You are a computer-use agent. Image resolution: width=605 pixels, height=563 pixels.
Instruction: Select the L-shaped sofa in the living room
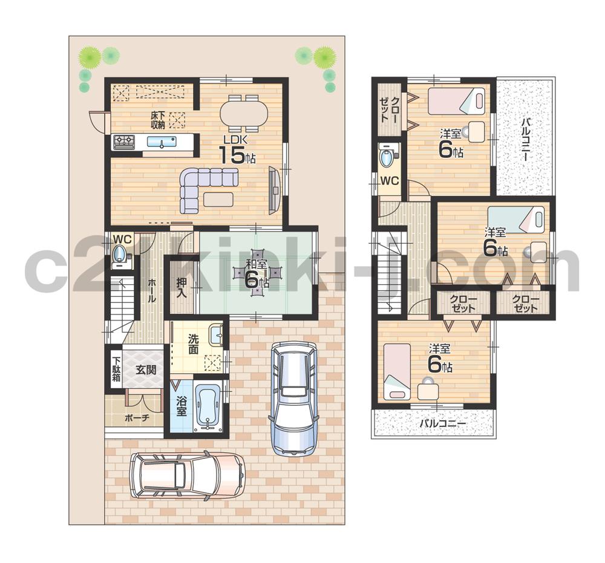pyautogui.click(x=206, y=184)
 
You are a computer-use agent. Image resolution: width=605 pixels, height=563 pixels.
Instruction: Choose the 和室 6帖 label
pyautogui.click(x=257, y=272)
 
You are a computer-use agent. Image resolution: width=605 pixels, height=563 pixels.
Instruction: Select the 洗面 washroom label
pyautogui.click(x=193, y=344)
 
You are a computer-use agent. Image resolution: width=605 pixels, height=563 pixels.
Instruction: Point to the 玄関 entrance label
pyautogui.click(x=146, y=369)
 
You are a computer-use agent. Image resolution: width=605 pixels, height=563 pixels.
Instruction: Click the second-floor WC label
pyautogui.click(x=389, y=180)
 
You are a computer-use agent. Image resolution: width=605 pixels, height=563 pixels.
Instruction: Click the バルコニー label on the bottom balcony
pyautogui.click(x=443, y=424)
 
